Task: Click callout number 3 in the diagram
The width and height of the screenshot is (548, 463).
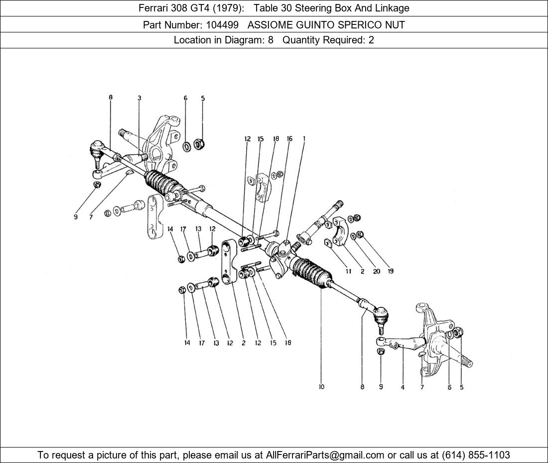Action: tap(139, 98)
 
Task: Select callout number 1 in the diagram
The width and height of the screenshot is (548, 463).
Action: tap(304, 139)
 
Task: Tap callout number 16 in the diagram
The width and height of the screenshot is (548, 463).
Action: tap(289, 139)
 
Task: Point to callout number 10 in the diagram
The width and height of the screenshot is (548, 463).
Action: tap(321, 387)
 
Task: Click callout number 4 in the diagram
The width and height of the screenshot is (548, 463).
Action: tap(403, 387)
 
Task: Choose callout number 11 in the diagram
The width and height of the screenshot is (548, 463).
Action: tap(348, 271)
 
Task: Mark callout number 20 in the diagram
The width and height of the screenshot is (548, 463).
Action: tap(376, 271)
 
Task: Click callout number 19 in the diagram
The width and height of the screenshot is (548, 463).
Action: tap(391, 271)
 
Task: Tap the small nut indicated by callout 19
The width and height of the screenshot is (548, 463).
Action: tap(361, 234)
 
